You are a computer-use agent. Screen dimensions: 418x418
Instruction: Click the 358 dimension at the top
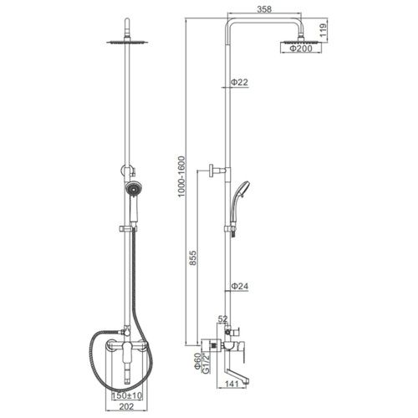(264, 9)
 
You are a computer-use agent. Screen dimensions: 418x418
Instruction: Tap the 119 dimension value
(323, 30)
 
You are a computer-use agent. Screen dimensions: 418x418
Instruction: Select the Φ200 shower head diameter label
(301, 48)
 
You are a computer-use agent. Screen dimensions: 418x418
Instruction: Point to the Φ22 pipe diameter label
(239, 82)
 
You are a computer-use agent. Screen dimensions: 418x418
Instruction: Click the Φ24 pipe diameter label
(239, 286)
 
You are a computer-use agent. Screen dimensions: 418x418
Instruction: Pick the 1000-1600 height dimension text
(181, 176)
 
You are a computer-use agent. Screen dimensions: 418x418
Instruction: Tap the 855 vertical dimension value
(192, 257)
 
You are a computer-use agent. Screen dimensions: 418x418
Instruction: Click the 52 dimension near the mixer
(222, 319)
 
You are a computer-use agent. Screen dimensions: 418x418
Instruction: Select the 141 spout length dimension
(232, 384)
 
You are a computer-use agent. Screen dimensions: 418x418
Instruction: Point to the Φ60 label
(197, 361)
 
